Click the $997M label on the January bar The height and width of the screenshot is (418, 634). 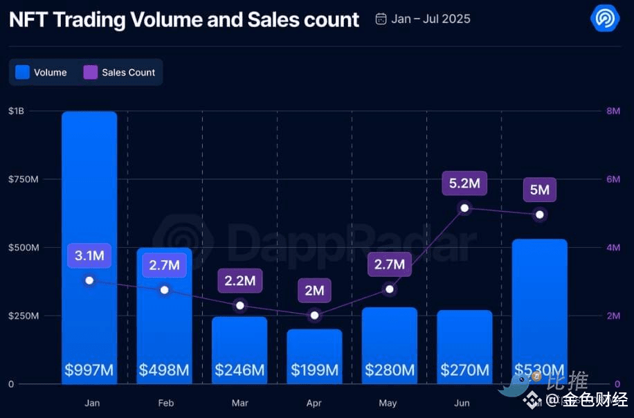tap(89, 370)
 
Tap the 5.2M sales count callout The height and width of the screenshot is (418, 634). tap(464, 184)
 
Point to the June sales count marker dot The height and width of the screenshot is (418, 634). tap(465, 208)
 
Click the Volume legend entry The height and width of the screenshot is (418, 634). tap(42, 72)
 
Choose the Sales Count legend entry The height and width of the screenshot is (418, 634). tap(120, 72)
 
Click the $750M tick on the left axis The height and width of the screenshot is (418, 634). tap(23, 179)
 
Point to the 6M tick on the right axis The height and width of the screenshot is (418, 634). tap(613, 179)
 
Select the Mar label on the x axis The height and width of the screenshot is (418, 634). tap(239, 403)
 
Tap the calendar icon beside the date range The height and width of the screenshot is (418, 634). tap(381, 19)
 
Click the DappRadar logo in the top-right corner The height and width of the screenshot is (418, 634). tap(605, 18)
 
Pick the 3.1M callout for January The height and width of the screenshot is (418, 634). tap(89, 256)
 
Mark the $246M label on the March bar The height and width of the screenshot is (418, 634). tap(239, 370)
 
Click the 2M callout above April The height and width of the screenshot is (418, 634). tap(314, 291)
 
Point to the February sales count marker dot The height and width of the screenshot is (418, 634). tap(164, 289)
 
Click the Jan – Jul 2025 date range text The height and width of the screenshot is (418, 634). tap(431, 19)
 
